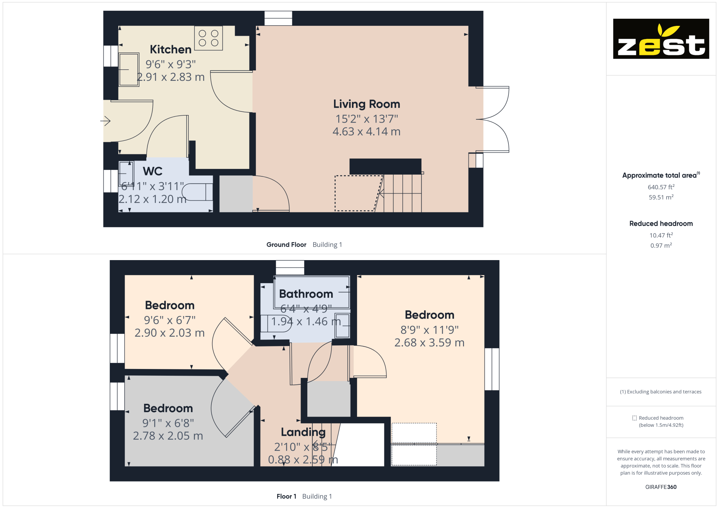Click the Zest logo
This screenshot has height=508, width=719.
661,39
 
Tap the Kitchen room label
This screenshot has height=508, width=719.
170,49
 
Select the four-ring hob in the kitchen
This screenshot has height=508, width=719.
209,38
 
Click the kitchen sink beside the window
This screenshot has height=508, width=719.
129,70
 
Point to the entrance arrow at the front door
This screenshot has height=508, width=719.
105,121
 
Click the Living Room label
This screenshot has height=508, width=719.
366,104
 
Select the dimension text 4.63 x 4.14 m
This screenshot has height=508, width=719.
366,131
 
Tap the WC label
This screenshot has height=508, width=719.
152,171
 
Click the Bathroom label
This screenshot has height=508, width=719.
306,294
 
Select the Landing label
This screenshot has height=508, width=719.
303,432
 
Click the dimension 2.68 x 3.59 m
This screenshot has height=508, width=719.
429,342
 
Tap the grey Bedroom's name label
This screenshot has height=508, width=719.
168,408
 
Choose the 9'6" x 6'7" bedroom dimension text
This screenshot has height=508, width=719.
169,320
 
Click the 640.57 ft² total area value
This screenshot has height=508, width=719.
661,187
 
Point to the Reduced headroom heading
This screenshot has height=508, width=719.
661,223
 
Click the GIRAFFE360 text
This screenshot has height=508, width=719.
661,487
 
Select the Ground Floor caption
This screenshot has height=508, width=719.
286,245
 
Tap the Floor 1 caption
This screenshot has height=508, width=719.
286,497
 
